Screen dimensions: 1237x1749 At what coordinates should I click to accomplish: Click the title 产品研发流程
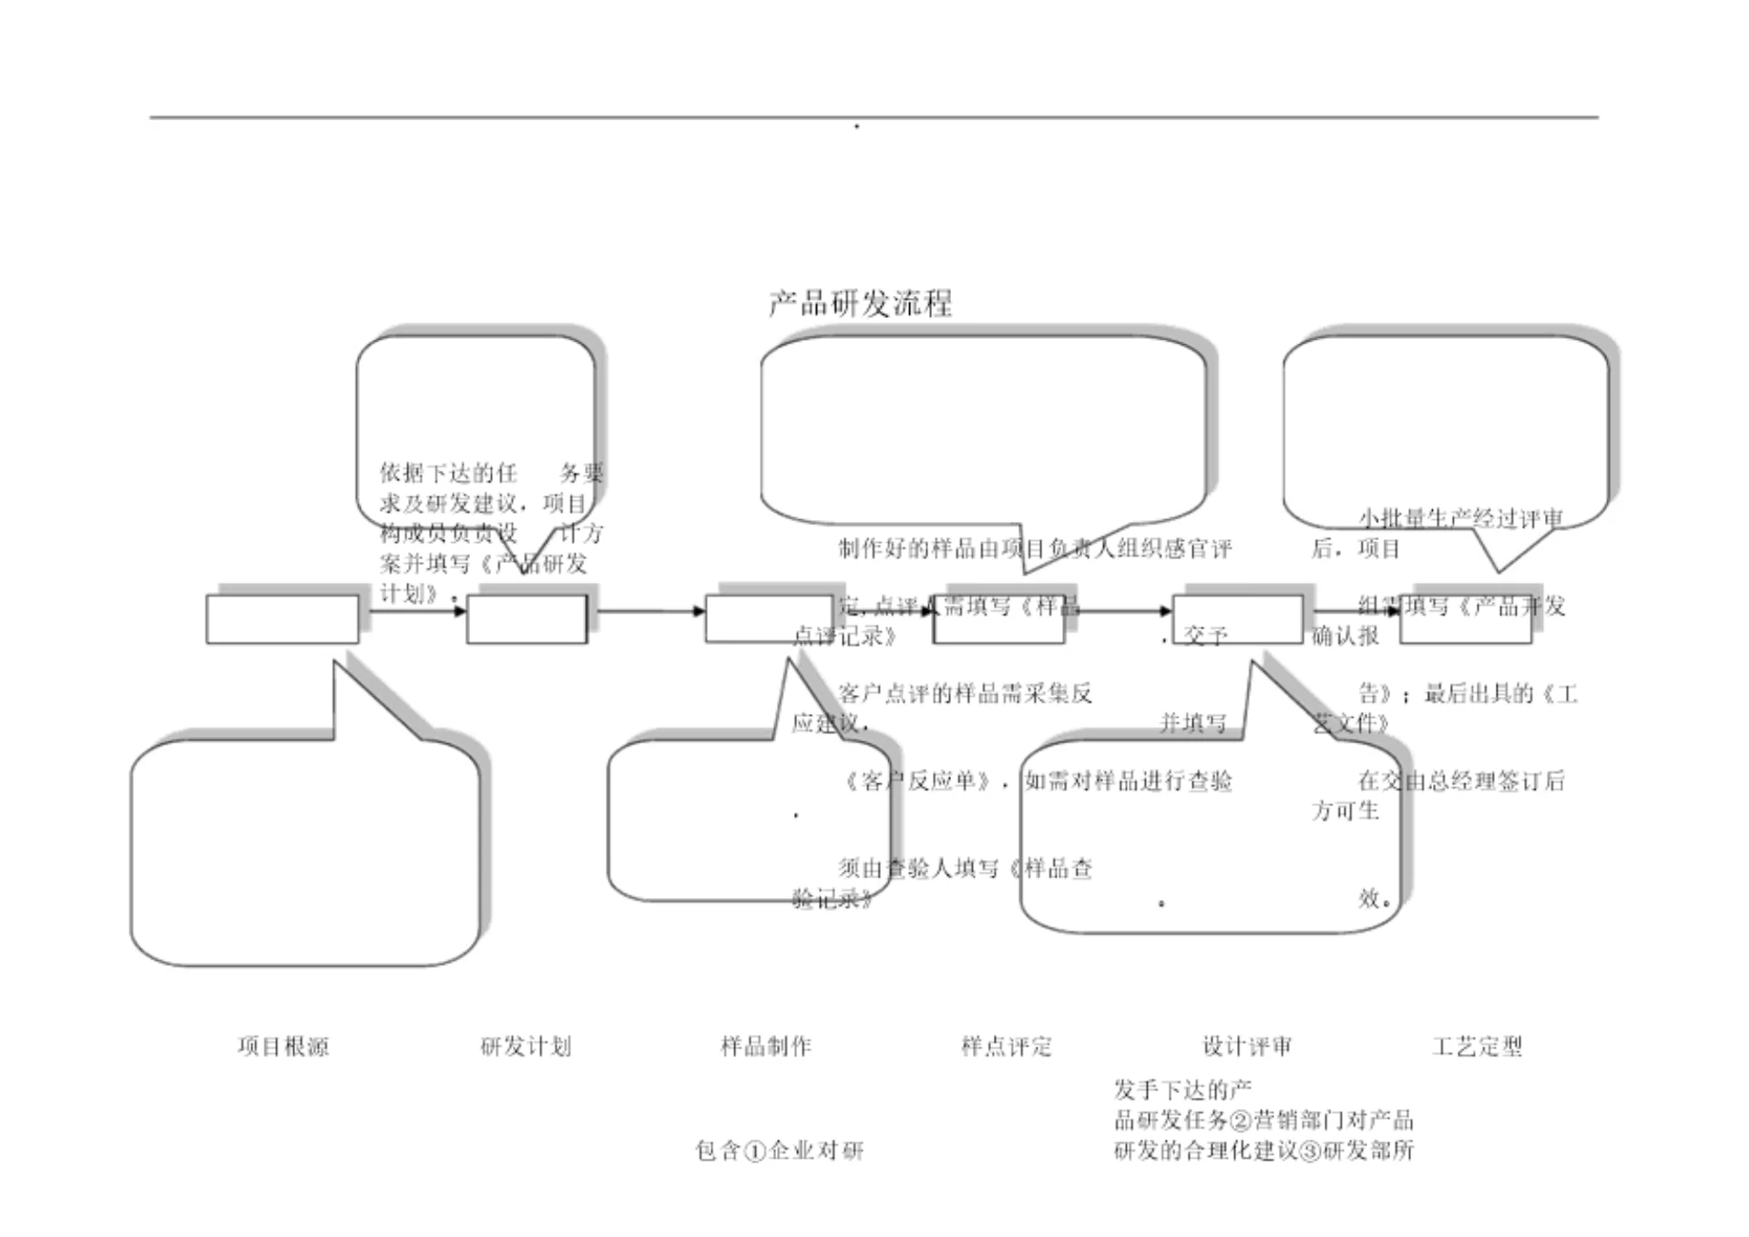pyautogui.click(x=861, y=302)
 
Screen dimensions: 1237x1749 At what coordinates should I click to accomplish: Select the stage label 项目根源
pyautogui.click(x=283, y=1046)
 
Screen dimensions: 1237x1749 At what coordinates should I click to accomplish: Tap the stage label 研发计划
pyautogui.click(x=526, y=1046)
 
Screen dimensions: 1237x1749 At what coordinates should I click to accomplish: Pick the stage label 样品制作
pyautogui.click(x=766, y=1046)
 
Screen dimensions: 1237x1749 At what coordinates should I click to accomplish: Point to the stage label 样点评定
pyautogui.click(x=1007, y=1046)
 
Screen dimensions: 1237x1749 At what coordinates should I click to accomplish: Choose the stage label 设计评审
pyautogui.click(x=1247, y=1046)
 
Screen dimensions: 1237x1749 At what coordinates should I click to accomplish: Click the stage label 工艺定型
pyautogui.click(x=1477, y=1046)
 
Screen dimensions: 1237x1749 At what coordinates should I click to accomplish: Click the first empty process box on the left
pyautogui.click(x=282, y=619)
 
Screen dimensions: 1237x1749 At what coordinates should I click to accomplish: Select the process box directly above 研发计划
pyautogui.click(x=527, y=619)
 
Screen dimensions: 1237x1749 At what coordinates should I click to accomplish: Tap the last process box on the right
pyautogui.click(x=1465, y=619)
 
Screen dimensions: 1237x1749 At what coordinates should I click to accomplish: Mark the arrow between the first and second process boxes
pyautogui.click(x=414, y=610)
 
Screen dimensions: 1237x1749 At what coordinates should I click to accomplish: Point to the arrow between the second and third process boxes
pyautogui.click(x=649, y=610)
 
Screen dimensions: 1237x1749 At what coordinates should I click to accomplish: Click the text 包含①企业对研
pyautogui.click(x=780, y=1150)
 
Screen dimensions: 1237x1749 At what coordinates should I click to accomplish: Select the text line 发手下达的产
pyautogui.click(x=1182, y=1089)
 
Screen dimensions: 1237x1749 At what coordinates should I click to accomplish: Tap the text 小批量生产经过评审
pyautogui.click(x=1461, y=518)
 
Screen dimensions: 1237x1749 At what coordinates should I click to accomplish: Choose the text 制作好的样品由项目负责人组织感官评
pyautogui.click(x=1035, y=548)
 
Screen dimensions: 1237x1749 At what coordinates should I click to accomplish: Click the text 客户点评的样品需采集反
pyautogui.click(x=965, y=693)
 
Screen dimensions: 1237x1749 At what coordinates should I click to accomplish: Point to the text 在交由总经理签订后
pyautogui.click(x=1461, y=781)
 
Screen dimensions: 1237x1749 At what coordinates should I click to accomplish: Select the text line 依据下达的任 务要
pyautogui.click(x=492, y=473)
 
